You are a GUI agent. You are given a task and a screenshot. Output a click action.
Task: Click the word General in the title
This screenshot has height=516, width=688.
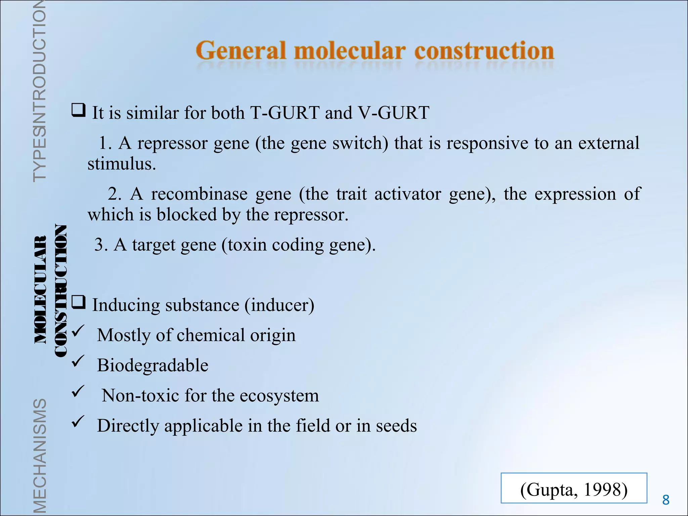click(x=241, y=51)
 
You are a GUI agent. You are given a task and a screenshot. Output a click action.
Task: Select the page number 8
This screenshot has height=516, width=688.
click(x=666, y=500)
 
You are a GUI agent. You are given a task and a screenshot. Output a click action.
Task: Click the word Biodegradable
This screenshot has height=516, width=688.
click(x=153, y=365)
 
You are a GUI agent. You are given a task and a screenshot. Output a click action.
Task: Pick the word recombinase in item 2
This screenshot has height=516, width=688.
click(x=199, y=195)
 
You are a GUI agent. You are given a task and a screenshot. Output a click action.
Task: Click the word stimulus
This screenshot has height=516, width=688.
click(x=121, y=164)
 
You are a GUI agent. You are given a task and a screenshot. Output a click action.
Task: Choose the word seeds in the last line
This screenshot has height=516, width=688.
click(x=396, y=426)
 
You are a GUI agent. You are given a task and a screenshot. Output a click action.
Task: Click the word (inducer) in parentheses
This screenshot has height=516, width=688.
click(x=279, y=305)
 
